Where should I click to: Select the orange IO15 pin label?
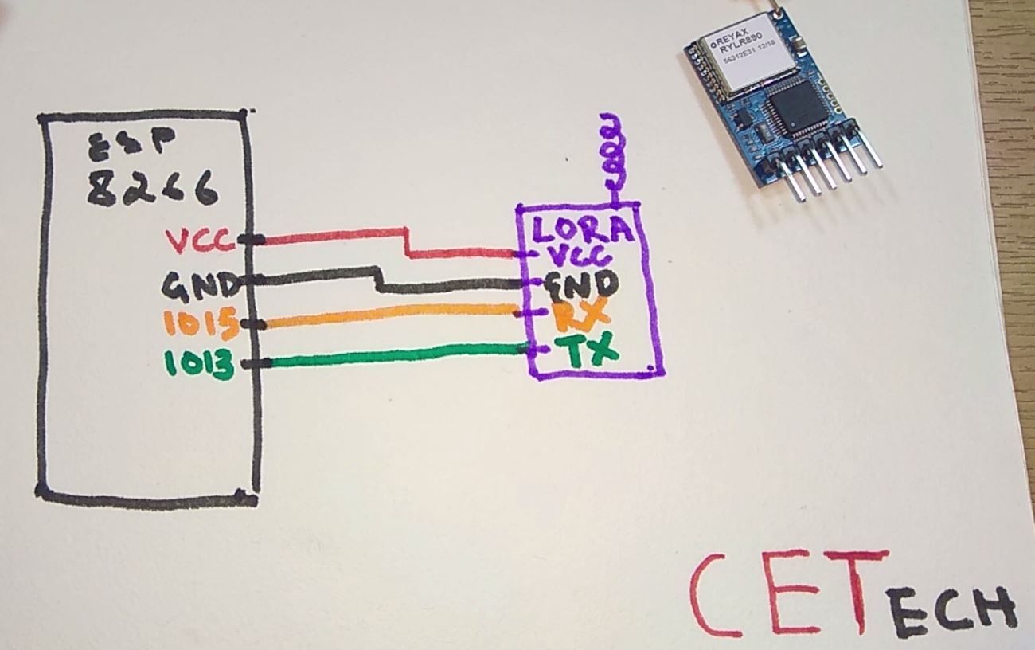pyautogui.click(x=199, y=324)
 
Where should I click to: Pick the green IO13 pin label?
pyautogui.click(x=199, y=365)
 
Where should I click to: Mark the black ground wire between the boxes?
pyautogui.click(x=318, y=276)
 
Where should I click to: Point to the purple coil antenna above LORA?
pyautogui.click(x=611, y=155)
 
